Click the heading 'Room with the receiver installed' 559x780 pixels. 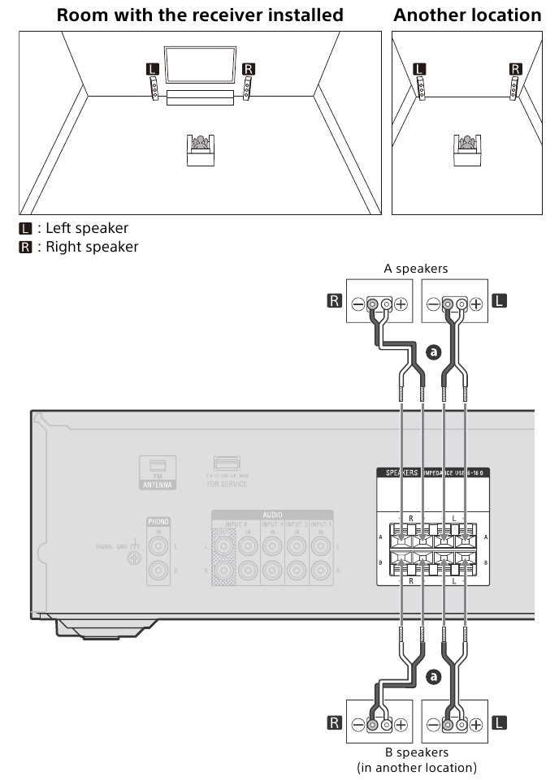(x=199, y=15)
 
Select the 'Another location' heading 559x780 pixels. (x=467, y=15)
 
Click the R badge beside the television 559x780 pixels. (x=249, y=70)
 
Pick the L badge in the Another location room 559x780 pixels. (x=419, y=70)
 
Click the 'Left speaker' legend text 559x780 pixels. (x=86, y=229)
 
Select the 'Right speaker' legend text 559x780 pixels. (x=91, y=247)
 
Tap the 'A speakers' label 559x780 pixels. (x=415, y=269)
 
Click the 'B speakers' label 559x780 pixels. (x=416, y=752)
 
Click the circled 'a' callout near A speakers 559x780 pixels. (x=432, y=352)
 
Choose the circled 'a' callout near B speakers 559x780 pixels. (x=432, y=674)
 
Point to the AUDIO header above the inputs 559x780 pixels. (x=272, y=515)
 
